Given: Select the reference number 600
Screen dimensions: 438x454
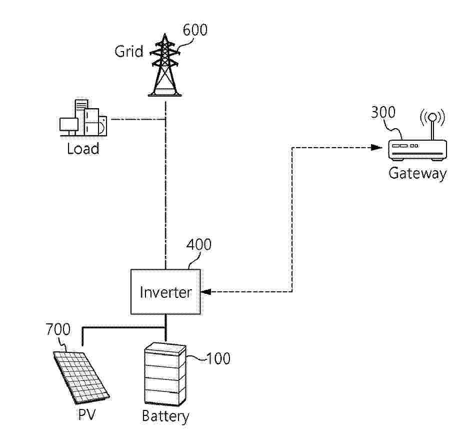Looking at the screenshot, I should coord(194,30).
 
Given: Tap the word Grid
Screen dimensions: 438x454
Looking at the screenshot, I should coord(129,51).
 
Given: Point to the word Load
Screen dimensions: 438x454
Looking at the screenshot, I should coord(83,148).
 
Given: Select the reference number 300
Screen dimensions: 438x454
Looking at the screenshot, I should coord(383,112).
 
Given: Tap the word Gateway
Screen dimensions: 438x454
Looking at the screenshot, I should coord(417,173).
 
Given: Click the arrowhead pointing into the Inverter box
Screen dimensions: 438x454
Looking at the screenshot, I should coord(205,292).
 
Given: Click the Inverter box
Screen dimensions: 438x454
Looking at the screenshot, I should coord(165,292).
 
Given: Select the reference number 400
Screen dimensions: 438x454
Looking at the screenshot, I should coord(198,245).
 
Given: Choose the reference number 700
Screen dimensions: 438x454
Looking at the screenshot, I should coord(58,330).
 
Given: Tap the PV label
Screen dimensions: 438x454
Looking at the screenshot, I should coord(86,415).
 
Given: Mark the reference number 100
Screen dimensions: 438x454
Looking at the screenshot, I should coord(218,358).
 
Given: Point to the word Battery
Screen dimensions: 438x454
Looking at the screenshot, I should coord(165,416).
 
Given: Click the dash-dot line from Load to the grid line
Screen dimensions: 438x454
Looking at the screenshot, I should coord(137,119).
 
